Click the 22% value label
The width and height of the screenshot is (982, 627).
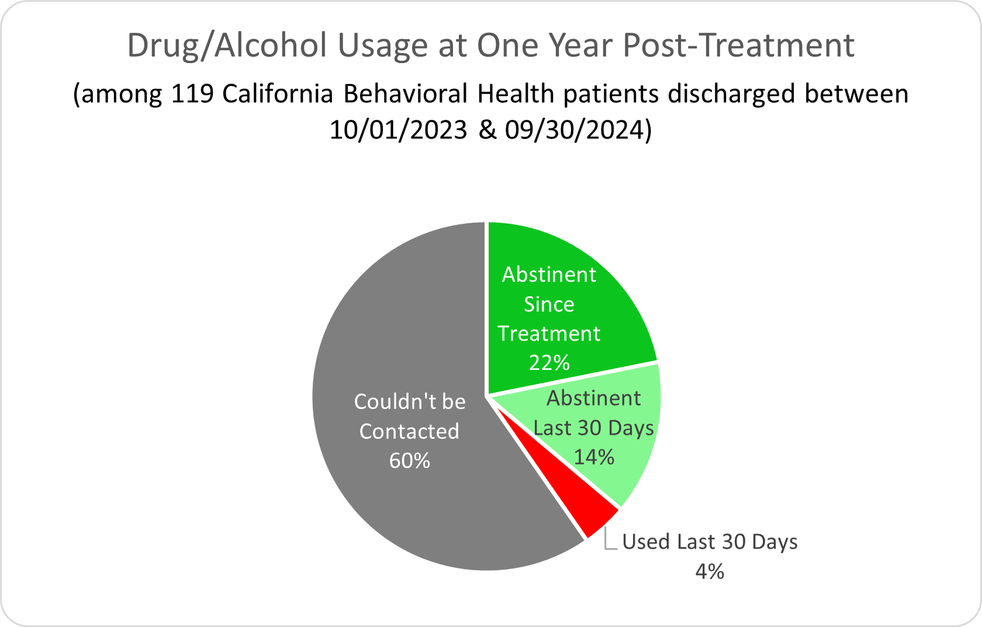(x=549, y=363)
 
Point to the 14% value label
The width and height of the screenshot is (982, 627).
(x=593, y=457)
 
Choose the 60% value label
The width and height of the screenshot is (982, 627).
(x=409, y=461)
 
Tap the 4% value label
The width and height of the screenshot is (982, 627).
(x=709, y=571)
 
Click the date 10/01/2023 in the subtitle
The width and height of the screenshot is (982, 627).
(x=398, y=130)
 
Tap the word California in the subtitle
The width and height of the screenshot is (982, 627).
(x=278, y=94)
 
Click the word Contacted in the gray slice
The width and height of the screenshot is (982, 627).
(x=409, y=431)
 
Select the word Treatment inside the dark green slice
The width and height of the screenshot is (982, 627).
(x=549, y=334)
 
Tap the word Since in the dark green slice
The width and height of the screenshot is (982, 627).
(x=549, y=304)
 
